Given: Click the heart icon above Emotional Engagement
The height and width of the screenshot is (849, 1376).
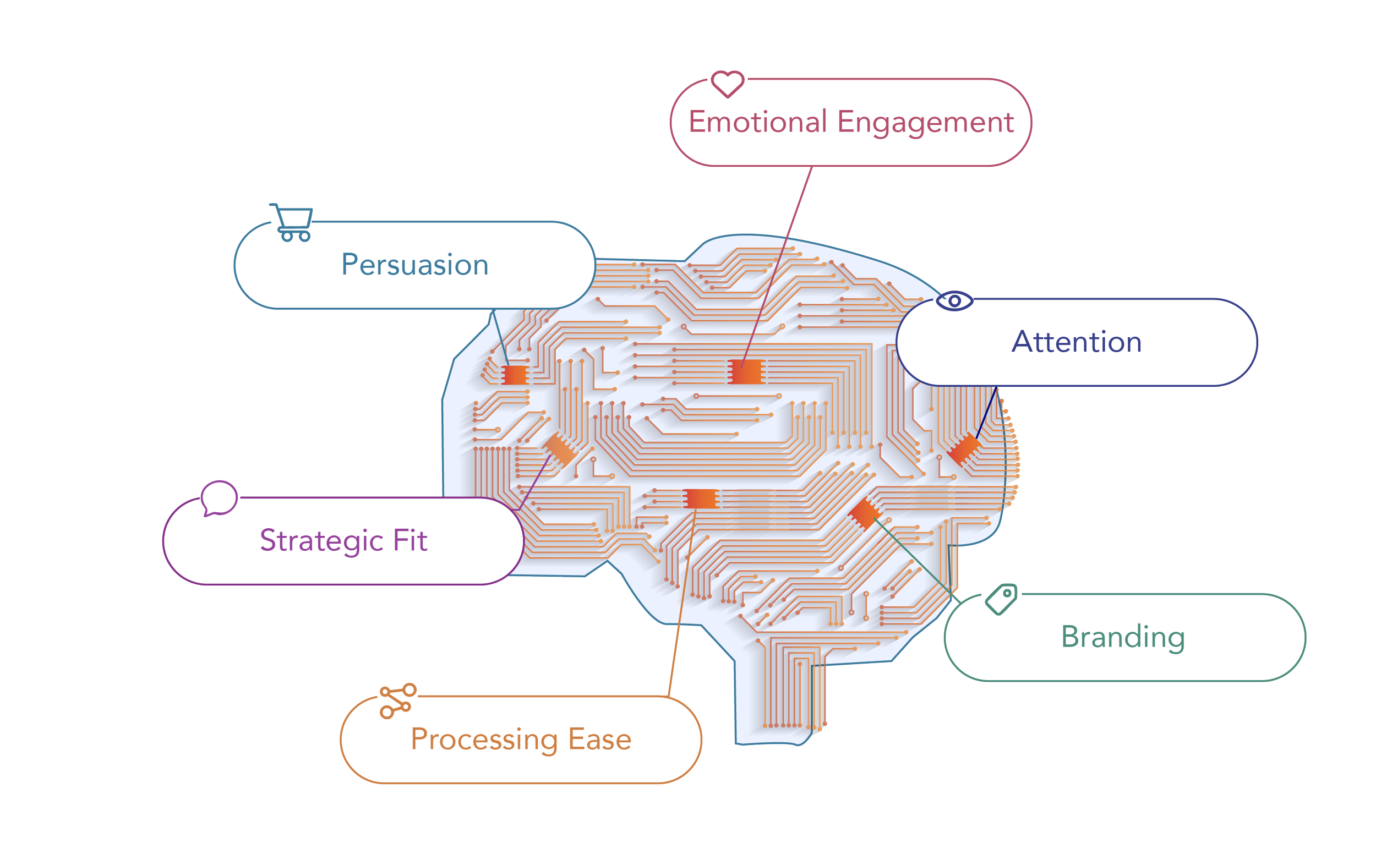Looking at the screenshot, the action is (727, 84).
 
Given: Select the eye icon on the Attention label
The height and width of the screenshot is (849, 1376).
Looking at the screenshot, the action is (954, 301).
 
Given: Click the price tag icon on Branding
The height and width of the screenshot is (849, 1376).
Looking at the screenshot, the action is (1002, 599).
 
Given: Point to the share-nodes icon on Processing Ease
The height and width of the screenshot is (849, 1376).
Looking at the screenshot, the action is (397, 701).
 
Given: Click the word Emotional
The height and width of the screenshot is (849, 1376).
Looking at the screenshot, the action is (758, 122).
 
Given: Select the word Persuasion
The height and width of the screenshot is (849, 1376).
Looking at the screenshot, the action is (415, 265).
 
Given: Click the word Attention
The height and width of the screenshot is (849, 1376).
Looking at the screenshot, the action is (1077, 342).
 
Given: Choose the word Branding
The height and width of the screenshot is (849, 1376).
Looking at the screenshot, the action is (1123, 637).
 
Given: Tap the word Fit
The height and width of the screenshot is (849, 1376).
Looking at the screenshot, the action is (410, 540).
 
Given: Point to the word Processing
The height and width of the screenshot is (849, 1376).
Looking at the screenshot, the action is (484, 740).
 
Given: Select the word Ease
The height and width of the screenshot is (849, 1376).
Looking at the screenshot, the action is (600, 739).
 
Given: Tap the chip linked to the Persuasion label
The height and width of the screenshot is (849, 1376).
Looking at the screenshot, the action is (515, 375).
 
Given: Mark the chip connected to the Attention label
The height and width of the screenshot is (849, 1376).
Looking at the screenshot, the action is (964, 448).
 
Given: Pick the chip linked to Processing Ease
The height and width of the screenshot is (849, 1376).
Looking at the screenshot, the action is (700, 498).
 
